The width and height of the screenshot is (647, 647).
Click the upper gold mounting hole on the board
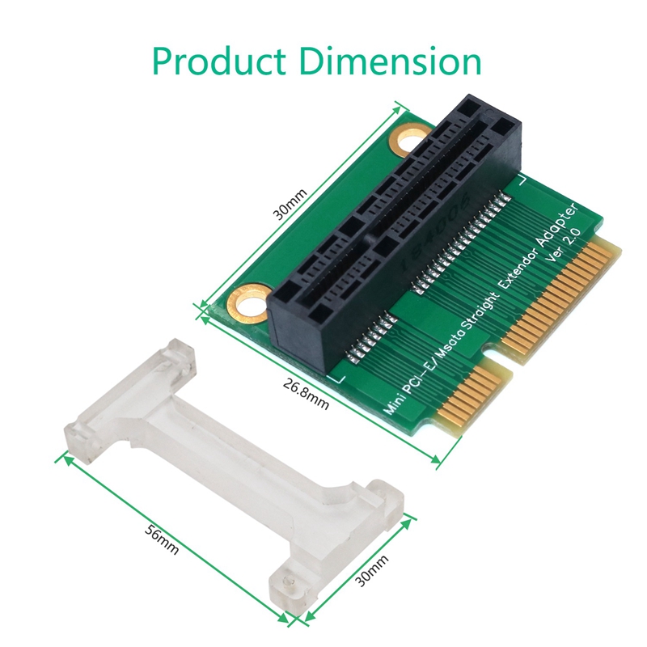(x=402, y=142)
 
